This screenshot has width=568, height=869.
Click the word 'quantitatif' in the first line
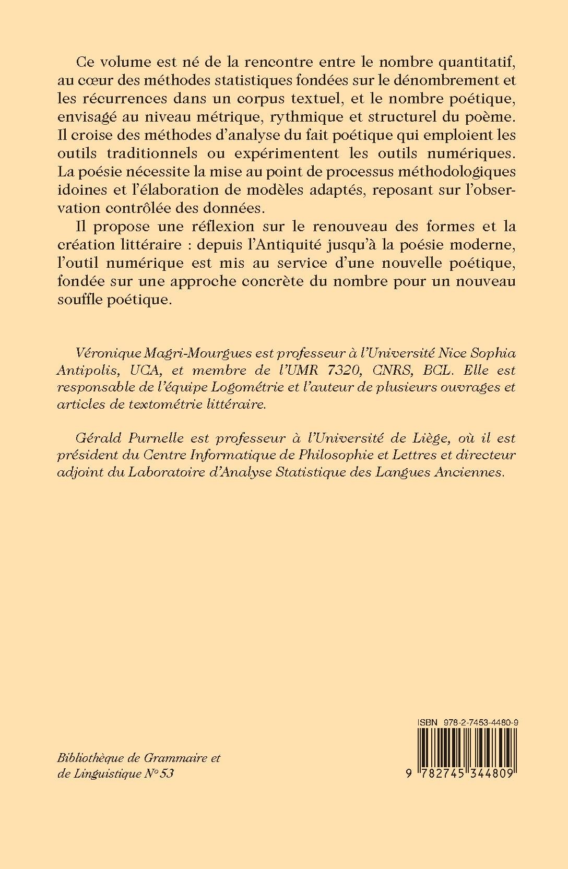point(471,62)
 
